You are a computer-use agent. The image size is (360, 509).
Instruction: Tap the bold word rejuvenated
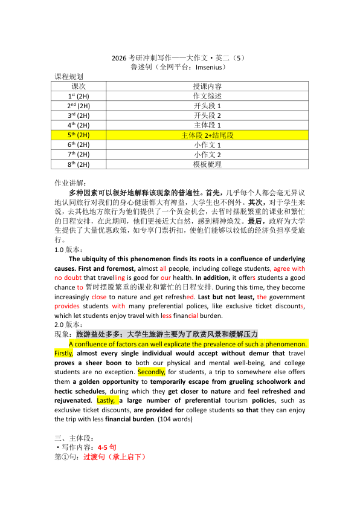74,400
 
